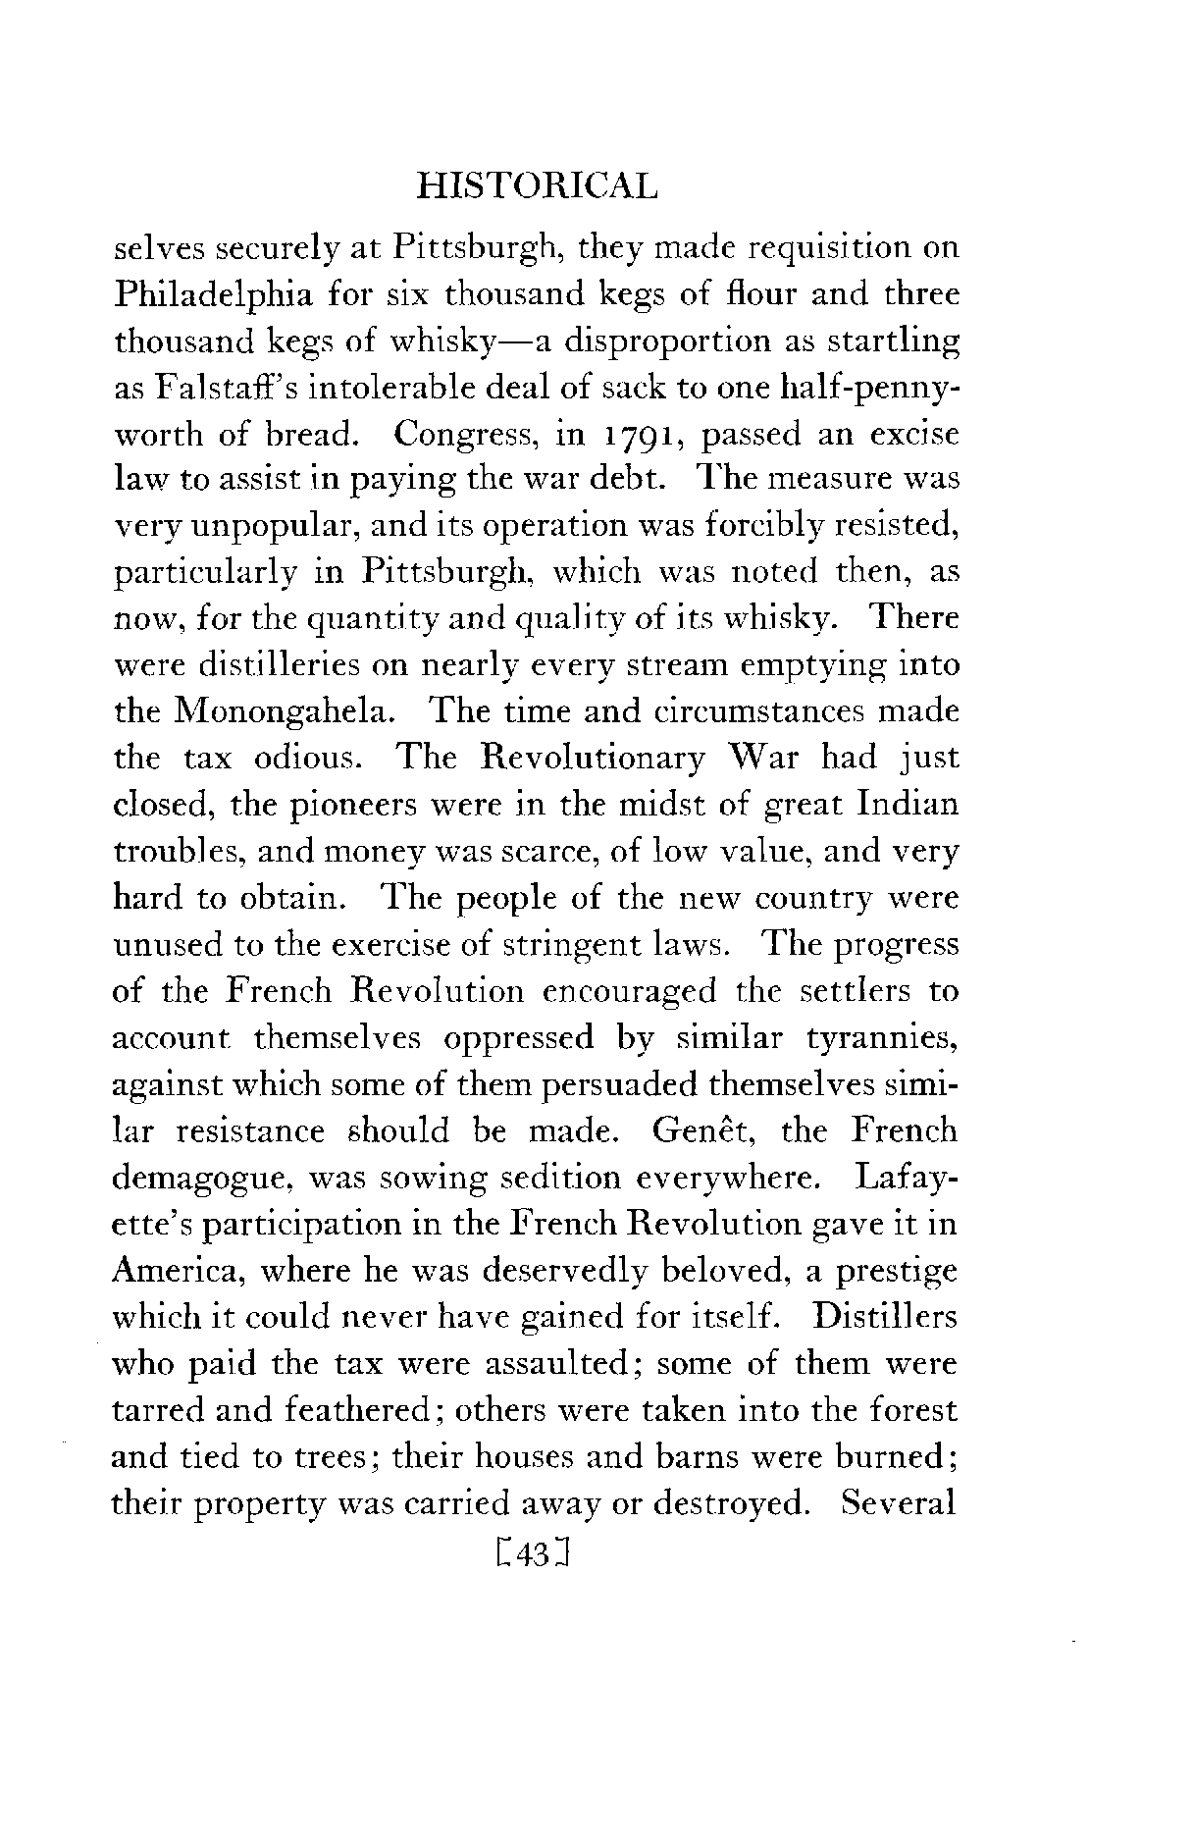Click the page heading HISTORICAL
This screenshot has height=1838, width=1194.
535,185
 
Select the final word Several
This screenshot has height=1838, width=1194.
900,1503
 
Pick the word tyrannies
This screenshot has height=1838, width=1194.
882,1038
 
